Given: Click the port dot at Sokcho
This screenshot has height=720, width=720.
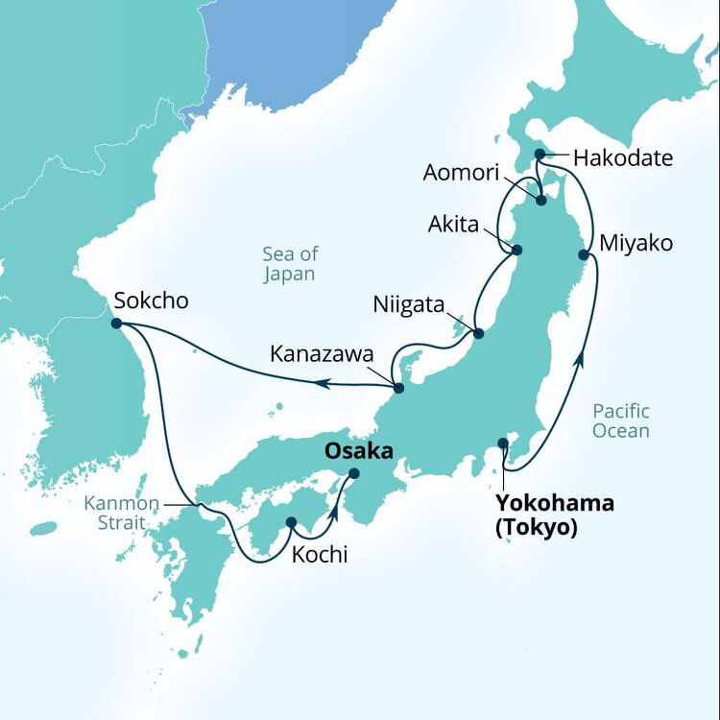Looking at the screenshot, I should point(116,324).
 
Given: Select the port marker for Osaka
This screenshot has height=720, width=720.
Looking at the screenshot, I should point(353,472).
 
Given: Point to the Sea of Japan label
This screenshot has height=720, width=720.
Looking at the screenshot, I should point(290,264).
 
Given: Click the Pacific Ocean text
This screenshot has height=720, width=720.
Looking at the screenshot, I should point(620,420).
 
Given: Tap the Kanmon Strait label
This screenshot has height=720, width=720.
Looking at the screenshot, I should point(115,513).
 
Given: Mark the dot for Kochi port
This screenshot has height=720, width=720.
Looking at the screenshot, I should point(291,523).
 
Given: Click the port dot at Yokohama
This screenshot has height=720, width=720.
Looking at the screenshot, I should point(503,443).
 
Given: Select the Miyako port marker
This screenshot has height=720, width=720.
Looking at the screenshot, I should point(584,254).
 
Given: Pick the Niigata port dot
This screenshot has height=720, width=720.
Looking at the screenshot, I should point(478,334).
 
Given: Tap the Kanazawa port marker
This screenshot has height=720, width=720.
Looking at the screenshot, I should point(398,388).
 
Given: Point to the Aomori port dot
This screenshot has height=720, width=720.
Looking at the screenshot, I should point(540,201).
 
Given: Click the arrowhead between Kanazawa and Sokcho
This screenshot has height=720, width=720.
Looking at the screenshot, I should point(324,383).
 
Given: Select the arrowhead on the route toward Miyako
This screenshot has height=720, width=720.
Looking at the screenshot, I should point(580,361).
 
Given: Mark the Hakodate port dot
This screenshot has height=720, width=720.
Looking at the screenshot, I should point(540,154).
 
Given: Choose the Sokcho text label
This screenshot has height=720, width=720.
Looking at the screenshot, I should point(151,300).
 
